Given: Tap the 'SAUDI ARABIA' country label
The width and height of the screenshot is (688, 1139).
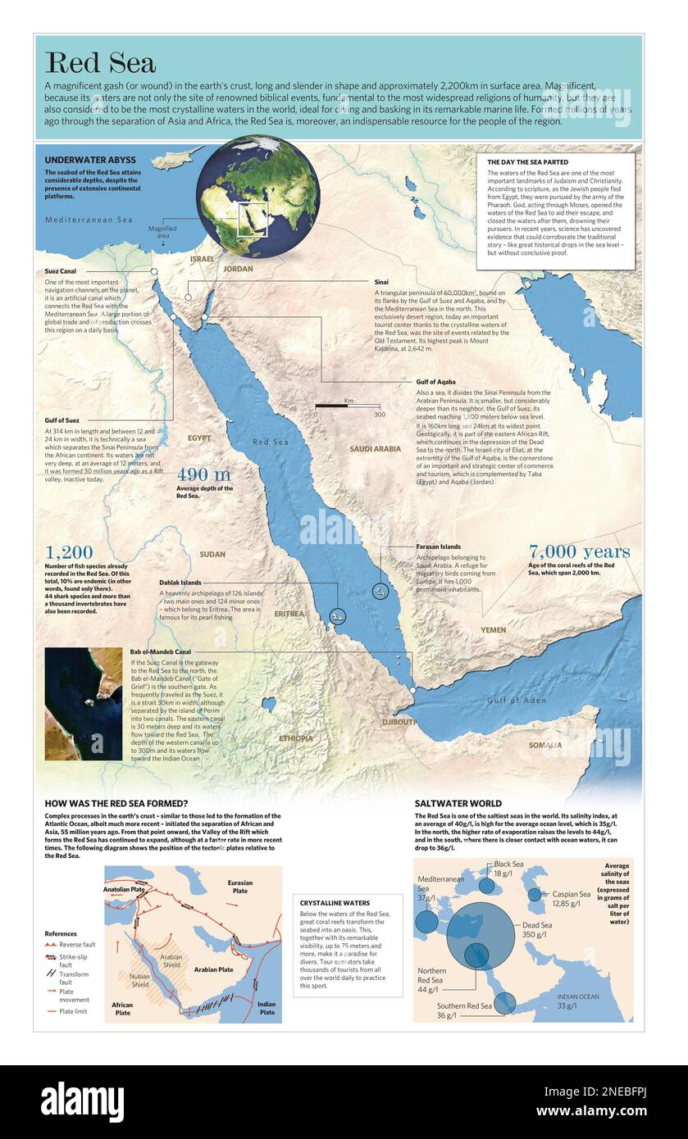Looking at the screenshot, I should (x=375, y=449).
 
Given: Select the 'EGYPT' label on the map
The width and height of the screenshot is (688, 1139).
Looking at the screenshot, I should (x=198, y=438).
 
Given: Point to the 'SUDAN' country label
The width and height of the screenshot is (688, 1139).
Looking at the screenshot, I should (x=212, y=555).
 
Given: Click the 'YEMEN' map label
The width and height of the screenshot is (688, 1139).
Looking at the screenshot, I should (x=493, y=629).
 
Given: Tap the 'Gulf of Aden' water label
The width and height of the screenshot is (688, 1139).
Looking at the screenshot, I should (x=516, y=700).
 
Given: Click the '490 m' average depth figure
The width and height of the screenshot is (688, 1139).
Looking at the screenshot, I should (x=203, y=475).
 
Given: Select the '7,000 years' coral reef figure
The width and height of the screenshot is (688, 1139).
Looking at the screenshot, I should (x=579, y=551).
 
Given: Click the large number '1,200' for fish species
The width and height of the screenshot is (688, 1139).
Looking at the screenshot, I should (x=69, y=552).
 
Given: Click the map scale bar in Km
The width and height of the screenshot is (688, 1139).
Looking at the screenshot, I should (x=348, y=406).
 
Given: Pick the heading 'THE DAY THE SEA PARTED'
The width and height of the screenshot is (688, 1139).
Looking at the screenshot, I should (x=527, y=162).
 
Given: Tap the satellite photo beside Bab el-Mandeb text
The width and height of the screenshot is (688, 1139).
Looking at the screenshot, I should (x=83, y=703).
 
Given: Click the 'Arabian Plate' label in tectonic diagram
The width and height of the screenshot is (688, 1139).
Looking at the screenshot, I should (x=213, y=969).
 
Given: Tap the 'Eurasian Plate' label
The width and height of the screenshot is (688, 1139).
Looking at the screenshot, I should (x=240, y=886).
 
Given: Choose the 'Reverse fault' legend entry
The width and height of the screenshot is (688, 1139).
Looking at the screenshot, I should (x=73, y=945).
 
